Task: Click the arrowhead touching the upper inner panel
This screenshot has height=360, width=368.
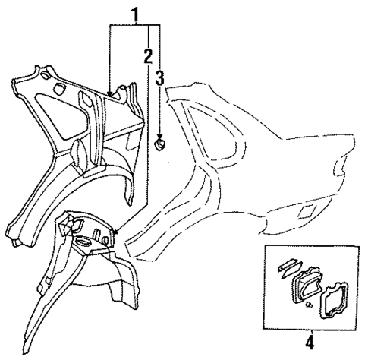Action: click(x=110, y=95)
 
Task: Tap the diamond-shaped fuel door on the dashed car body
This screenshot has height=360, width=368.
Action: click(x=306, y=209)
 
